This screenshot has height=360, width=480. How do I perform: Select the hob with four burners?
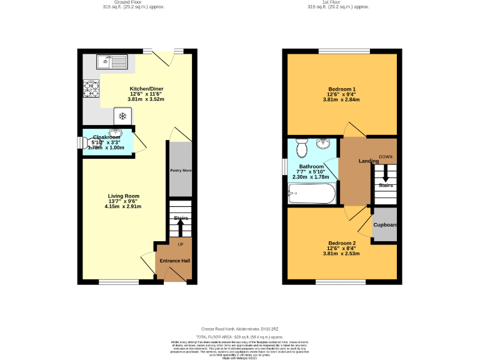(91, 89)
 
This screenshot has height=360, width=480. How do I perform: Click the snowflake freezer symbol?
(123, 116)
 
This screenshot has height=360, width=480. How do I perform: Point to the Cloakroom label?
(106, 137)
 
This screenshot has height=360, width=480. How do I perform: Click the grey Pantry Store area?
(180, 169)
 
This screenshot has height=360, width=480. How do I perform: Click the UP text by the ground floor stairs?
(181, 244)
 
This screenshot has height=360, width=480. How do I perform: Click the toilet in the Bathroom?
(301, 148)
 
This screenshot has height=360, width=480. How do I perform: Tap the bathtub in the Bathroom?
(312, 194)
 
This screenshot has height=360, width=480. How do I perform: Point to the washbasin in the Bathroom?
(323, 144)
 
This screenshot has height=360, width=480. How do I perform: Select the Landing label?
(368, 161)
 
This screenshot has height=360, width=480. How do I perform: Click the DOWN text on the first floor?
(386, 156)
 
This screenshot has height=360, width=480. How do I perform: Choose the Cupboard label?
(385, 224)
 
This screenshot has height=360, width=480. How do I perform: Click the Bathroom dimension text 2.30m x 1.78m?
(311, 177)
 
